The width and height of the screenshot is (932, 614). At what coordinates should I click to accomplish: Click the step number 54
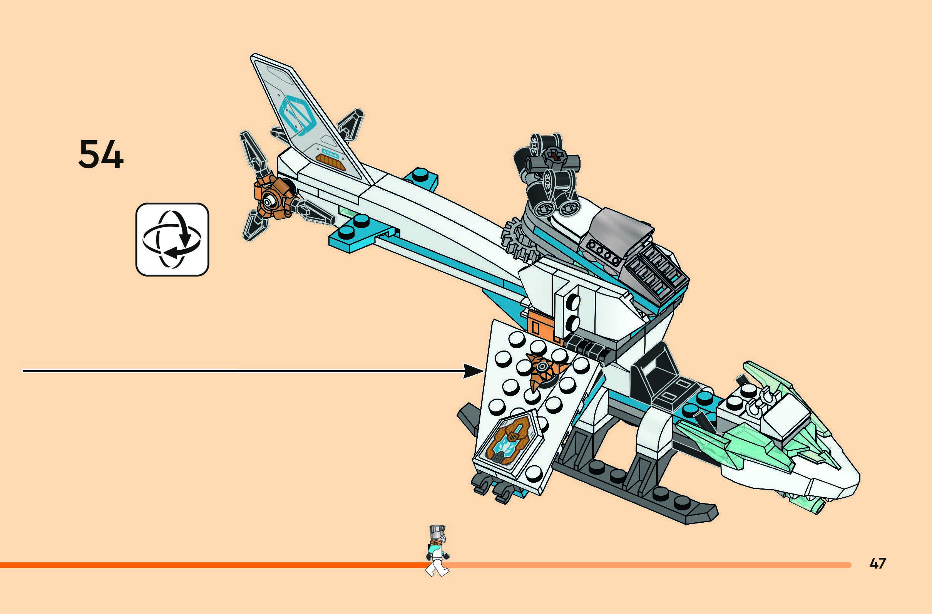100,155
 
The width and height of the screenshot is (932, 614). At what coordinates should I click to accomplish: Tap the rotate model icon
172,240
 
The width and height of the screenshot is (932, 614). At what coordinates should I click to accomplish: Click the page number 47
878,563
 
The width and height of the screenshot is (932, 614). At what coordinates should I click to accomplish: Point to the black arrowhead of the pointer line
473,371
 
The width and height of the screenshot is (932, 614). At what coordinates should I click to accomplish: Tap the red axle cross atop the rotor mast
554,156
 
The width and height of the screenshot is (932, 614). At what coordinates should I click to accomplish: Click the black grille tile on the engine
658,270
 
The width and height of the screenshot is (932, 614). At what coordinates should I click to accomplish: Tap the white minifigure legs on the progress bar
437,568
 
